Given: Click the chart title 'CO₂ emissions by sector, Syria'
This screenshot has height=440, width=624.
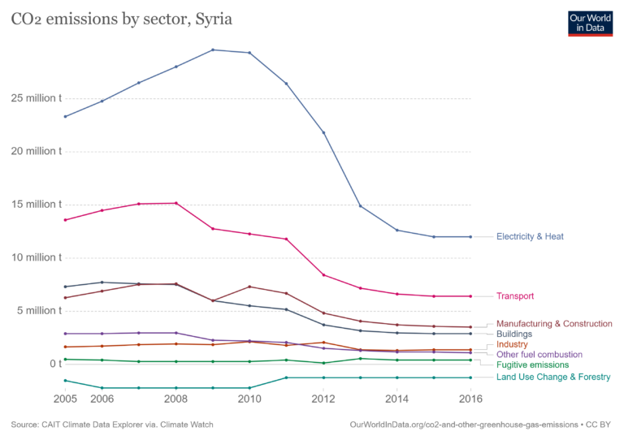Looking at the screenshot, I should tap(121, 19).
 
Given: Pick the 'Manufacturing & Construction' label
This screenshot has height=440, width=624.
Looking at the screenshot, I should tap(554, 323).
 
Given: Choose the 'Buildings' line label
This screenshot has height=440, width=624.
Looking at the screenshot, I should tap(514, 334).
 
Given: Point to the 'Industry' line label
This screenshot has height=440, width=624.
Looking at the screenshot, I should tap(512, 344).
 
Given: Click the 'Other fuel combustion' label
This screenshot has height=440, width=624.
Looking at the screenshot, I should tap(539, 355).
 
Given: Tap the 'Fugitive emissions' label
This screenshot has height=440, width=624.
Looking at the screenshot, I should tap(533, 365).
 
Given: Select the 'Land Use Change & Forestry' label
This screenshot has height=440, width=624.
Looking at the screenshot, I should tap(553, 377).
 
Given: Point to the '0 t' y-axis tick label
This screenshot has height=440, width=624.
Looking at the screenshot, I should tap(54, 364).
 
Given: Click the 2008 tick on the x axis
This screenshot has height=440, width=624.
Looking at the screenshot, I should tap(175, 399).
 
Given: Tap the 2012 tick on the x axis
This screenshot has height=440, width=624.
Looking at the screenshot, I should tap(323, 399).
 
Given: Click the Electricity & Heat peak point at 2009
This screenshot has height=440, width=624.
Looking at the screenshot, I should tap(213, 50).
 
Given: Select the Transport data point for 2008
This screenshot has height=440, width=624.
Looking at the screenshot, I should tap(175, 203).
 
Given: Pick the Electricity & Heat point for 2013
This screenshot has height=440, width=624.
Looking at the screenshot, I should tap(360, 205).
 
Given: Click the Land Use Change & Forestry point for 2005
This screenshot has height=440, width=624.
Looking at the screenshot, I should tap(65, 381).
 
